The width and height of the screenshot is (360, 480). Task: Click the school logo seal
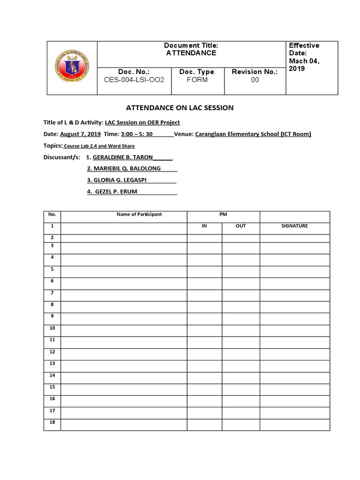72,68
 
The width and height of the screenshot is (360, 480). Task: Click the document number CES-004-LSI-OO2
135,80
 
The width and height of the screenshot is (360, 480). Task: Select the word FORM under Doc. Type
197,80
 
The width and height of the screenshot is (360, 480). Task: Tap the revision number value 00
255,80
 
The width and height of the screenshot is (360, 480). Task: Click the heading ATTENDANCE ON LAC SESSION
180,108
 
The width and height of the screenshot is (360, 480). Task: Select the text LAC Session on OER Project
142,122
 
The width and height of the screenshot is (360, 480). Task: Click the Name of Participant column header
139,214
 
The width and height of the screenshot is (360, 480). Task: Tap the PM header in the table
223,214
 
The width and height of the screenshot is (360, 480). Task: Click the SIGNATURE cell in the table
294,226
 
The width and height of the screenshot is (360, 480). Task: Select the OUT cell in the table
240,226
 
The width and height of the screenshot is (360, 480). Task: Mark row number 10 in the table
52,328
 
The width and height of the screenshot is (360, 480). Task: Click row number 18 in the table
52,422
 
